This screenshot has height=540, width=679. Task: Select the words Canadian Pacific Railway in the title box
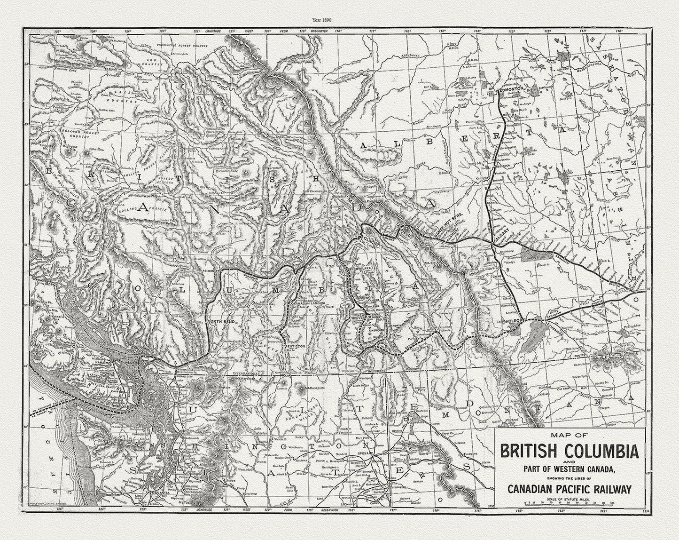click(569, 489)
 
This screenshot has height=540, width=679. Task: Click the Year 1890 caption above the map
click(340, 20)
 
